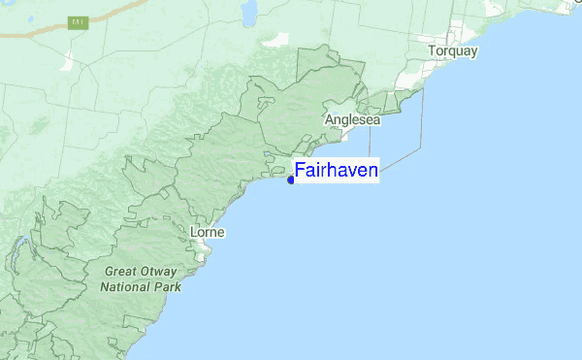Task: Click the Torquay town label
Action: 453,50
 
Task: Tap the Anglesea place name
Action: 353,120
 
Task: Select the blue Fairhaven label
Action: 336,170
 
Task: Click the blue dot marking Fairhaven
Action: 291,180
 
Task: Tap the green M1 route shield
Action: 79,21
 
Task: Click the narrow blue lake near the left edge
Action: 17,254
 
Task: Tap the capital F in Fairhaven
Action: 300,170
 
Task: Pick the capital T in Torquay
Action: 433,50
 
